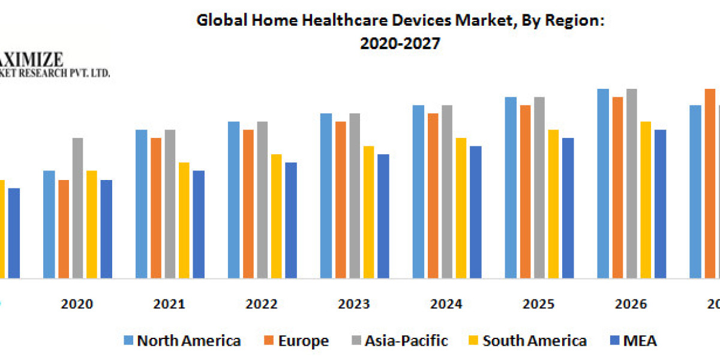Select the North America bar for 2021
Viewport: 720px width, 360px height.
(x=141, y=204)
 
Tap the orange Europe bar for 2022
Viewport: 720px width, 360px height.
(x=248, y=204)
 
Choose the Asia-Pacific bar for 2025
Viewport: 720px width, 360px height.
(x=539, y=187)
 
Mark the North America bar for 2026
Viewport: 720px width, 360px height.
(x=602, y=184)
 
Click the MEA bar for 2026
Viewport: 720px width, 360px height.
(x=661, y=204)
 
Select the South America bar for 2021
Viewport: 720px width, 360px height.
(x=184, y=220)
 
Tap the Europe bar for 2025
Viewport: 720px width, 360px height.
(x=525, y=191)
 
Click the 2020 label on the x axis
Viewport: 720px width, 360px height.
(x=77, y=304)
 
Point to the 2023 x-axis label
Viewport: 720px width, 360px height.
(x=355, y=304)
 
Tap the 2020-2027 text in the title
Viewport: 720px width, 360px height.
(x=400, y=44)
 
